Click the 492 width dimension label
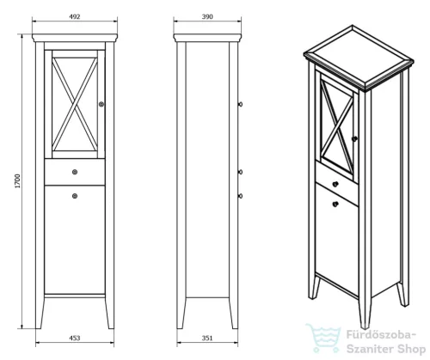click(75, 16)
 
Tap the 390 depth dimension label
click(207, 16)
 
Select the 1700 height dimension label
click(18, 181)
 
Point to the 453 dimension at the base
click(75, 338)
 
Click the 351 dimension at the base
click(207, 338)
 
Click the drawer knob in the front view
click(75, 172)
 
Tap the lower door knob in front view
click(75, 196)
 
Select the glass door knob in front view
click(101, 104)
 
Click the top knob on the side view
click(240, 104)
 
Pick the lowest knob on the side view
click(240, 196)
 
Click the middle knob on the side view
click(240, 172)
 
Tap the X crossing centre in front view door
click(75, 104)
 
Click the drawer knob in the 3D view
click(335, 184)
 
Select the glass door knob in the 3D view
click(354, 138)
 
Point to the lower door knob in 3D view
click(335, 204)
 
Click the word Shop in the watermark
click(411, 349)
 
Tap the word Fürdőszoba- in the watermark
click(381, 334)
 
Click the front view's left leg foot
click(39, 326)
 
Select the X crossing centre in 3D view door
click(337, 128)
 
